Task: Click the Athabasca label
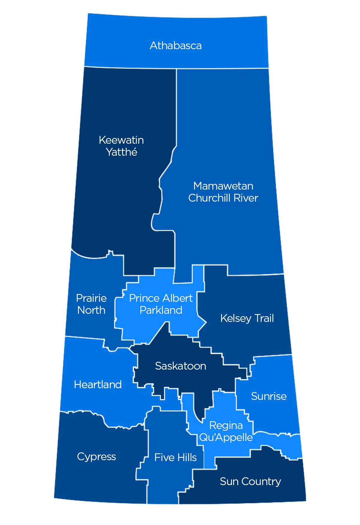(x=176, y=46)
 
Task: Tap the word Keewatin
(x=121, y=140)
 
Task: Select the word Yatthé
(x=121, y=152)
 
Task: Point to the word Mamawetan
(x=223, y=186)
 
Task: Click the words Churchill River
(x=223, y=198)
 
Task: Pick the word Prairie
(x=91, y=298)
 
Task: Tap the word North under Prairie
(x=91, y=310)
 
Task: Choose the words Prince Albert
(x=161, y=298)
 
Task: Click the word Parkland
(x=161, y=310)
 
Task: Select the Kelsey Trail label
(x=247, y=318)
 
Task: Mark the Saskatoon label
(x=181, y=366)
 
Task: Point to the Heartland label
(x=98, y=385)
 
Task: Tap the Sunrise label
(x=269, y=396)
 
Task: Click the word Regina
(x=226, y=425)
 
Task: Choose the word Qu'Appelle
(x=226, y=437)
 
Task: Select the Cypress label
(x=96, y=457)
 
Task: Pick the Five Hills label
(x=175, y=457)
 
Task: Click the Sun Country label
(x=250, y=481)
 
